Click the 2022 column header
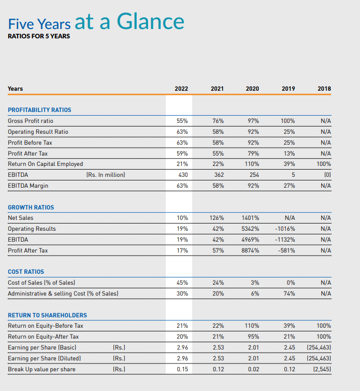click(x=181, y=89)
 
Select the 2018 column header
click(x=324, y=89)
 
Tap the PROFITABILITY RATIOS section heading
click(x=39, y=110)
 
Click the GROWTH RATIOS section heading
click(x=31, y=207)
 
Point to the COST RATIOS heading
click(x=26, y=272)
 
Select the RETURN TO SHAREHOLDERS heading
click(x=47, y=315)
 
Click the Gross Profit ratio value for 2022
click(x=182, y=121)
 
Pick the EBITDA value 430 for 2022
click(x=183, y=175)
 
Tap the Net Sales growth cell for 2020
click(x=250, y=218)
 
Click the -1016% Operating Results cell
click(x=285, y=229)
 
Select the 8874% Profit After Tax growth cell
click(x=250, y=250)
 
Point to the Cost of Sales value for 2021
click(x=218, y=283)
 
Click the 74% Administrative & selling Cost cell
click(x=289, y=294)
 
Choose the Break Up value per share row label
click(x=41, y=369)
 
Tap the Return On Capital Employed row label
click(x=46, y=164)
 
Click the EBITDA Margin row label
click(x=28, y=186)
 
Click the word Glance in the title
click(x=151, y=21)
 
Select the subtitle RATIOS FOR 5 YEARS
click(x=39, y=36)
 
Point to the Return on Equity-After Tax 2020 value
click(x=253, y=337)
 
